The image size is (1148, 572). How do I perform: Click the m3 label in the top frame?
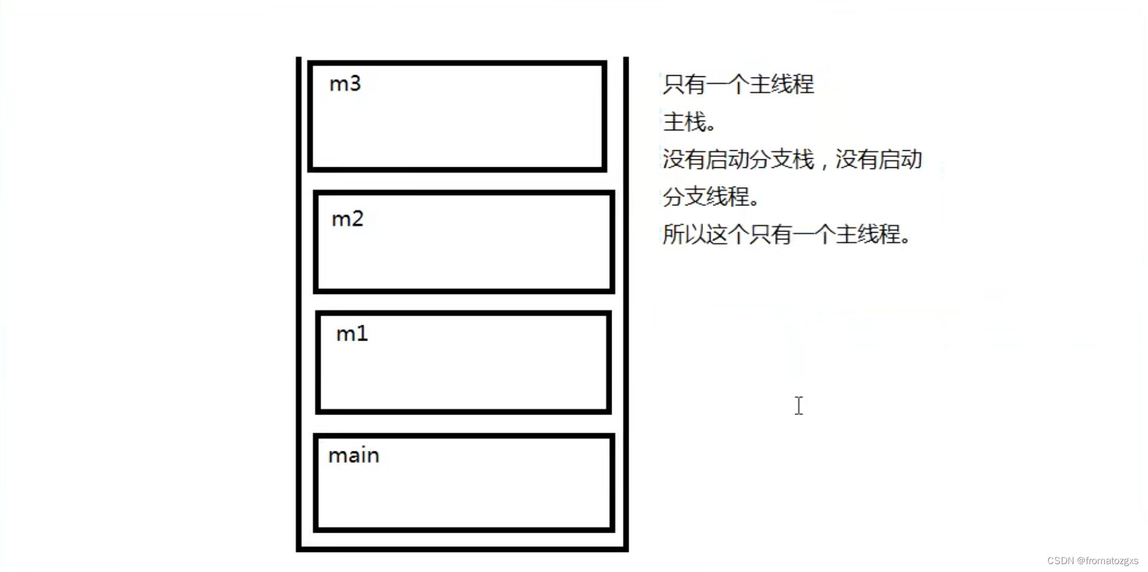345,84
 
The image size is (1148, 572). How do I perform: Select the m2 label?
347,219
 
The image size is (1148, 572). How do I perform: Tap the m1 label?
352,334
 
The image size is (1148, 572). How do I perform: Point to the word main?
353,456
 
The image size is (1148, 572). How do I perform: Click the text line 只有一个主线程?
738,84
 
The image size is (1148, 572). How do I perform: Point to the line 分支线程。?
710,197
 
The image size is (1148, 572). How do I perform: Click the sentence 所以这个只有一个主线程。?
786,234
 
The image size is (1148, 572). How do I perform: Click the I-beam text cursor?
799,406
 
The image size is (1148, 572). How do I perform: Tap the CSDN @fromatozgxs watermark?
1092,561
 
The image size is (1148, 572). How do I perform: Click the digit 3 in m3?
355,84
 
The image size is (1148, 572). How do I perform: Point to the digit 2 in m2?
357,219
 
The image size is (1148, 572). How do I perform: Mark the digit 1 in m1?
362,334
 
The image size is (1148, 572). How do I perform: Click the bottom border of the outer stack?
462,549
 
